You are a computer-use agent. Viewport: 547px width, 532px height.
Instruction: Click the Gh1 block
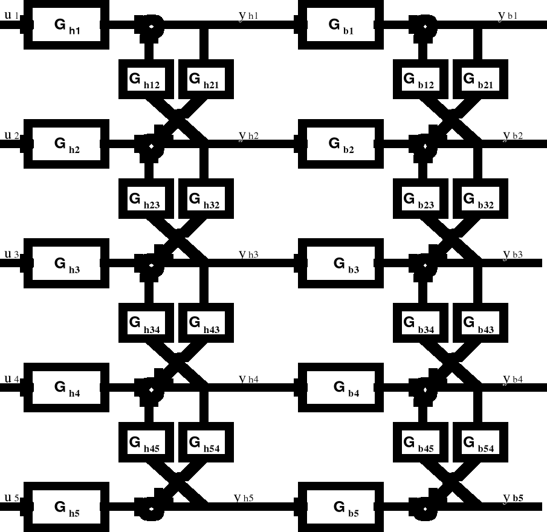click(x=70, y=25)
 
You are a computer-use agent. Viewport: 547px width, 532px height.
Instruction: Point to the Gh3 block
click(x=70, y=264)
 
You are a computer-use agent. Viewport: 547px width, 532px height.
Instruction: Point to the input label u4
click(x=11, y=379)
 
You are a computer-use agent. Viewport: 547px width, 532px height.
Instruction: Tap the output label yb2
click(x=513, y=135)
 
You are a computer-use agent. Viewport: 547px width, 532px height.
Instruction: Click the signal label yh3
click(x=248, y=255)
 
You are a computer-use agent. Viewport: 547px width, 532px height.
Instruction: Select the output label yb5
click(x=513, y=498)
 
